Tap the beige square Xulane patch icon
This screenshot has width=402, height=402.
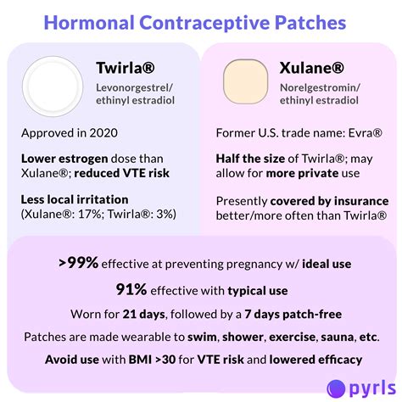click(248, 81)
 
